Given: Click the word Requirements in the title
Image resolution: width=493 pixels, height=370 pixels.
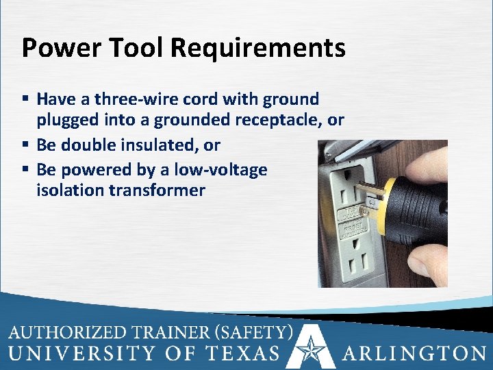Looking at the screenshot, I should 258,48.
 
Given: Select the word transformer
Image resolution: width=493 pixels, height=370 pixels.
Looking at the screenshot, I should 157,190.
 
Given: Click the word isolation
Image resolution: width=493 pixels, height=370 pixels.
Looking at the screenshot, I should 70,190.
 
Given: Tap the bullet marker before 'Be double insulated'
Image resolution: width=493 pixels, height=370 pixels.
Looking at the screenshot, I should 26,145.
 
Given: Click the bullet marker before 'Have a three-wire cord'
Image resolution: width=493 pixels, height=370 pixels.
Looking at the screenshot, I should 26,100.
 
